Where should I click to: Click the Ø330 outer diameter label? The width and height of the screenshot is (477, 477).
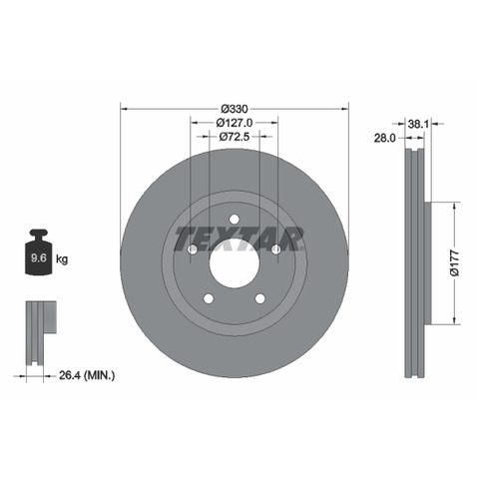click(x=235, y=109)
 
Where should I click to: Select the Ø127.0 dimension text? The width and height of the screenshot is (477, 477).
click(x=235, y=123)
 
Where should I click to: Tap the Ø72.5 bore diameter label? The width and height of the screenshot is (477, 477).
click(x=235, y=137)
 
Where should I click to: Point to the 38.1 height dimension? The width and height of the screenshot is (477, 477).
click(x=418, y=124)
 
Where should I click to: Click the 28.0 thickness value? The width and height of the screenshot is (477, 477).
click(x=385, y=138)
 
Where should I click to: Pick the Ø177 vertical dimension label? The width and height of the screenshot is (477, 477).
click(x=455, y=262)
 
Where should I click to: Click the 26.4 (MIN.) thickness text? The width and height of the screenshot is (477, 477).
click(x=87, y=375)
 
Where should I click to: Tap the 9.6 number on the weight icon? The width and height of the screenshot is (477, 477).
click(x=39, y=257)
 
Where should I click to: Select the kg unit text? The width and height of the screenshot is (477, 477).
click(x=62, y=258)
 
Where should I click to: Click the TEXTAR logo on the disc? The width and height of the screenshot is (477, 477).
click(x=238, y=238)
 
